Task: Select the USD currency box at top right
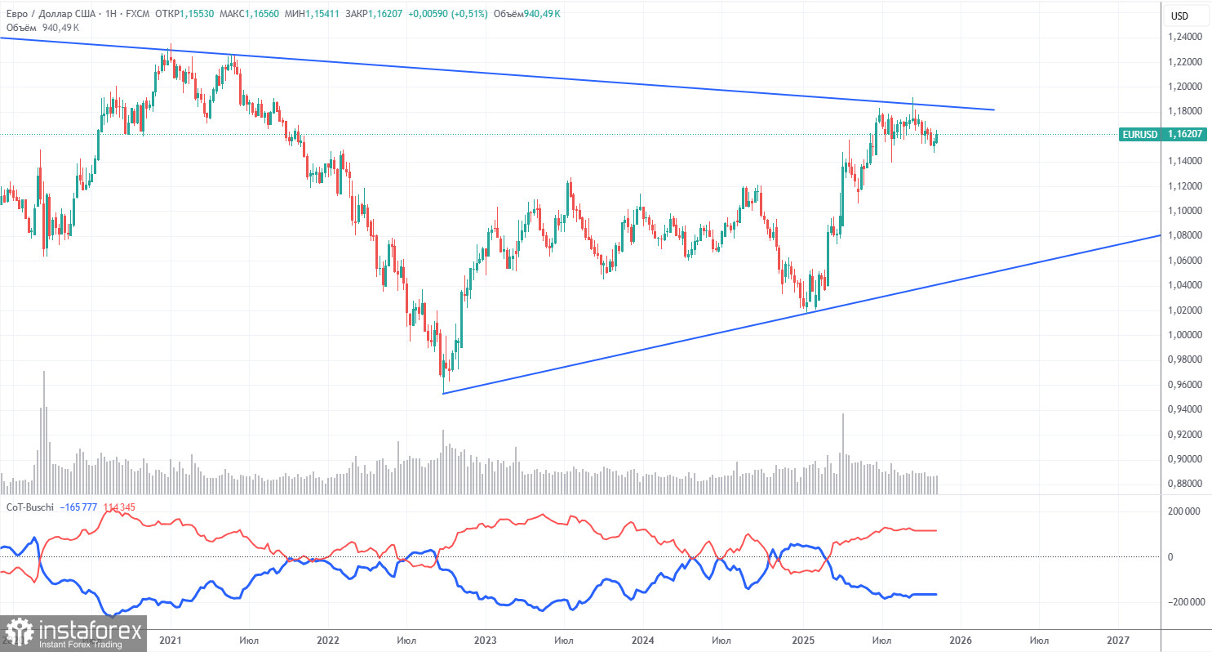(1179, 16)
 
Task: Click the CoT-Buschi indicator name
(31, 507)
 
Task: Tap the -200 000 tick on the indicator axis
(1185, 602)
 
